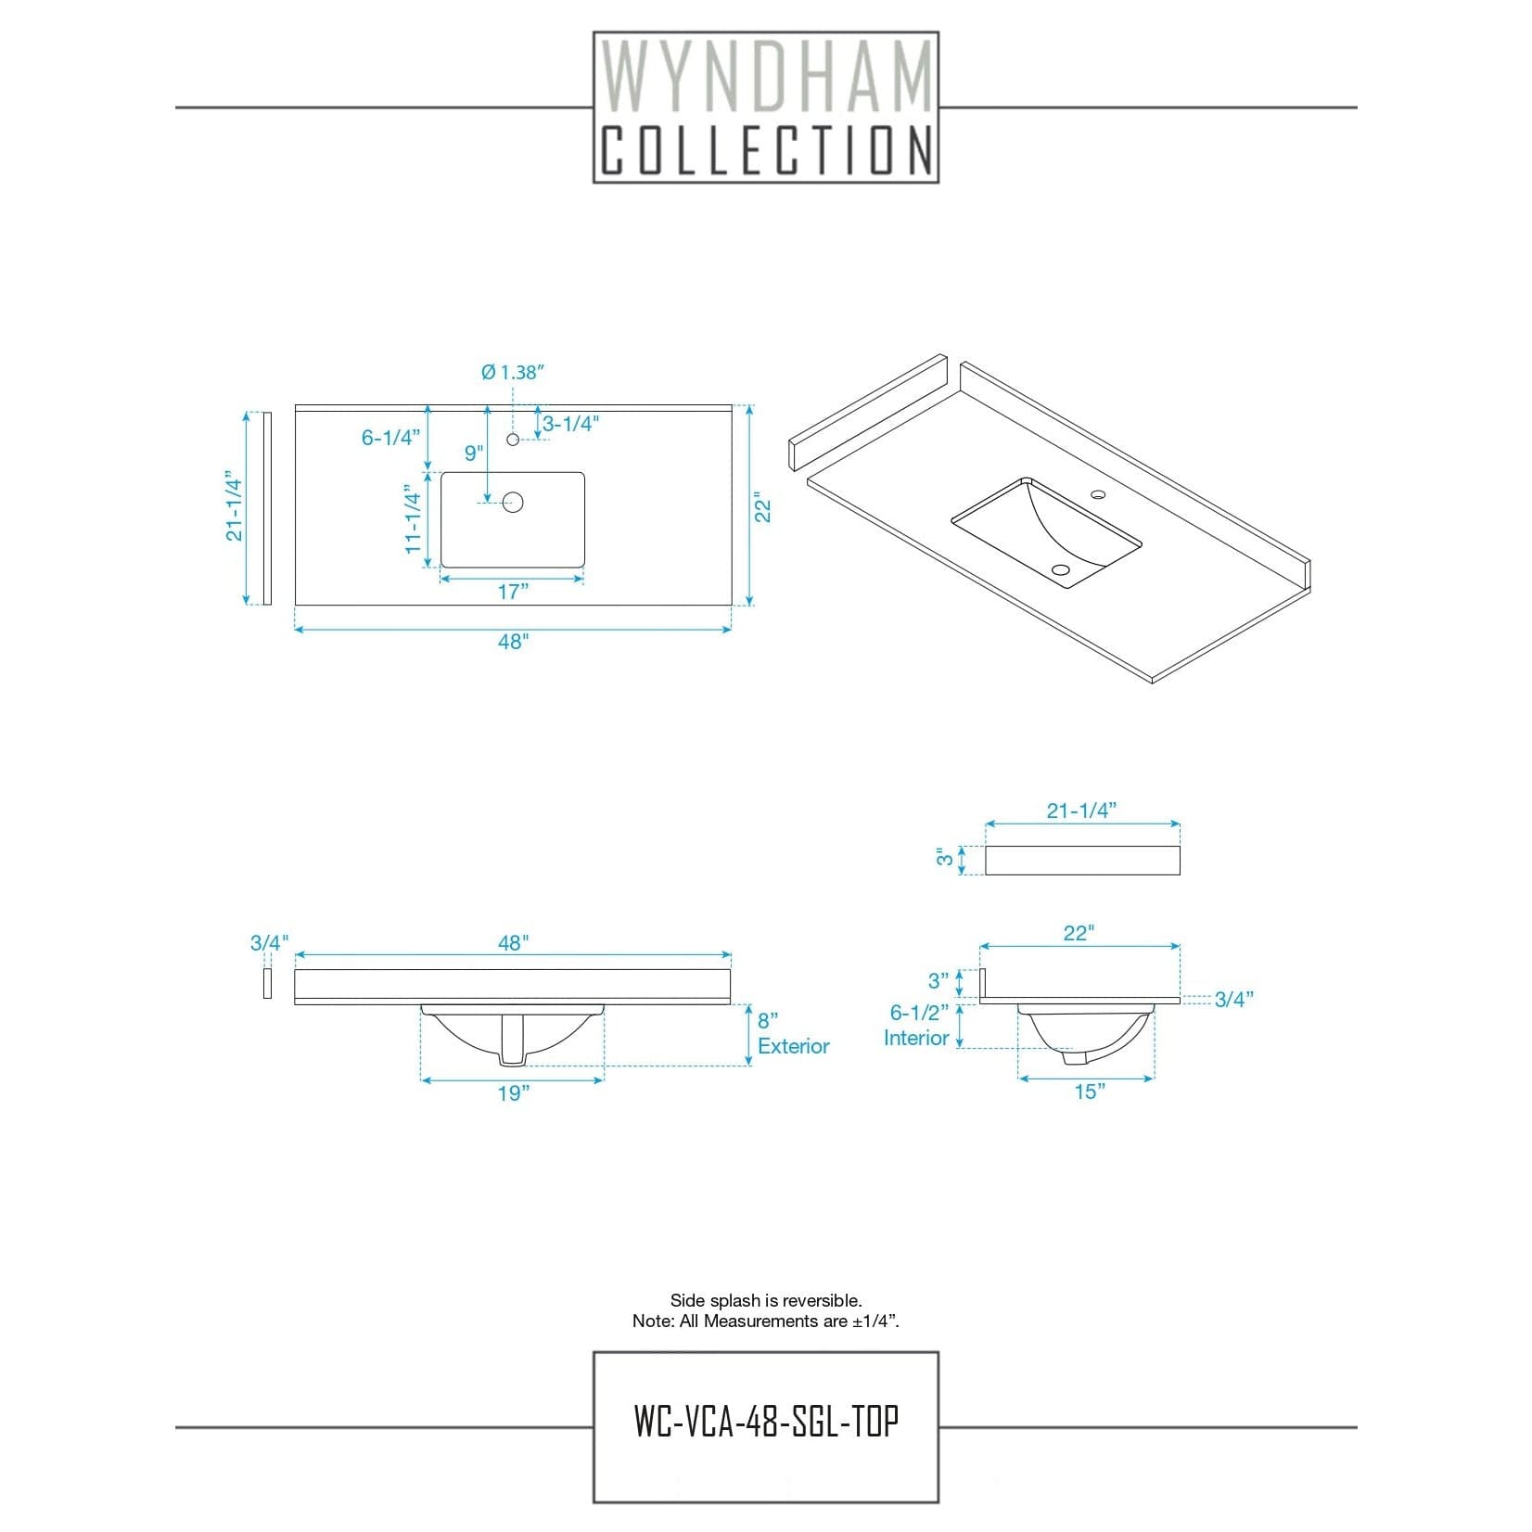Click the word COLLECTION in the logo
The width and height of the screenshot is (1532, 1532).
point(766,150)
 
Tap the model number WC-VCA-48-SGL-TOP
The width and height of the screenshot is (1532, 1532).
point(766,1420)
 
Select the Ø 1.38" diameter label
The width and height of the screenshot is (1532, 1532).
point(512,372)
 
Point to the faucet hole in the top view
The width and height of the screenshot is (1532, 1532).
point(513,439)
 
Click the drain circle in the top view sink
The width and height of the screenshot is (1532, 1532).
point(513,503)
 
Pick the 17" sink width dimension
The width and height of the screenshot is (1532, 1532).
point(512,592)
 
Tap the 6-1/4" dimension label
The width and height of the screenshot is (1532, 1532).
point(390,438)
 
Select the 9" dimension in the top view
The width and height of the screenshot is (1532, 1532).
point(474,453)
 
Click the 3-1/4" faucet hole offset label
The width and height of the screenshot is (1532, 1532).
point(571,424)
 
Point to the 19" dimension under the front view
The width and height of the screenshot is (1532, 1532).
point(513,1093)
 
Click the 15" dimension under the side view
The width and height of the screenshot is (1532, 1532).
point(1090,1092)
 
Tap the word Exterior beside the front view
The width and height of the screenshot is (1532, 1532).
point(794,1046)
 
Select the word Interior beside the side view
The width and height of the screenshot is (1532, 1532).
point(916,1038)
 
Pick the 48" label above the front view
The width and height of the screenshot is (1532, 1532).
point(513,943)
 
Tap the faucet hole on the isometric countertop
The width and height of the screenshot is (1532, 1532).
point(1098,495)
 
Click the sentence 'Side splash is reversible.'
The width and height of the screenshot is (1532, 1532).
point(766,1301)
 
